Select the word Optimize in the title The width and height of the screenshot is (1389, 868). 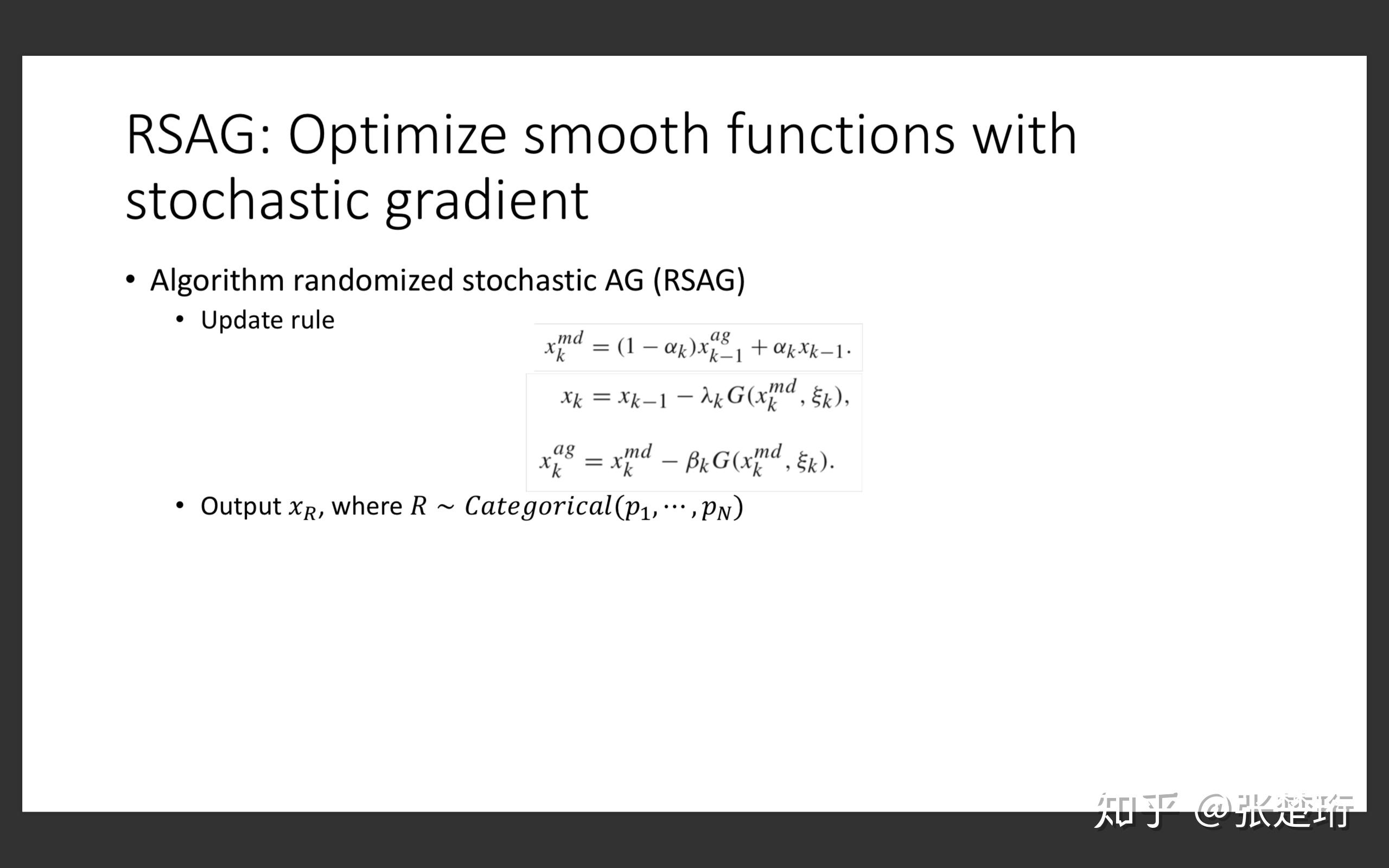click(397, 138)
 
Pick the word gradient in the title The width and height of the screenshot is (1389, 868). click(487, 203)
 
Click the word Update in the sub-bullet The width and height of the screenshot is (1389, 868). click(240, 320)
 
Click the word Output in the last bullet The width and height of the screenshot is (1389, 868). click(240, 506)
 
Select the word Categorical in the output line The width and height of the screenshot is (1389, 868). click(538, 506)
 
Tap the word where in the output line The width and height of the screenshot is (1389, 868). click(367, 506)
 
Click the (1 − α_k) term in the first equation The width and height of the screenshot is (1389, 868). click(657, 347)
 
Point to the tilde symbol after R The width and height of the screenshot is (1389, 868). click(445, 507)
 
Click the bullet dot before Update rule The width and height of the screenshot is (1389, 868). click(180, 319)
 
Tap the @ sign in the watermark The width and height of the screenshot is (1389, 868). click(1213, 810)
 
